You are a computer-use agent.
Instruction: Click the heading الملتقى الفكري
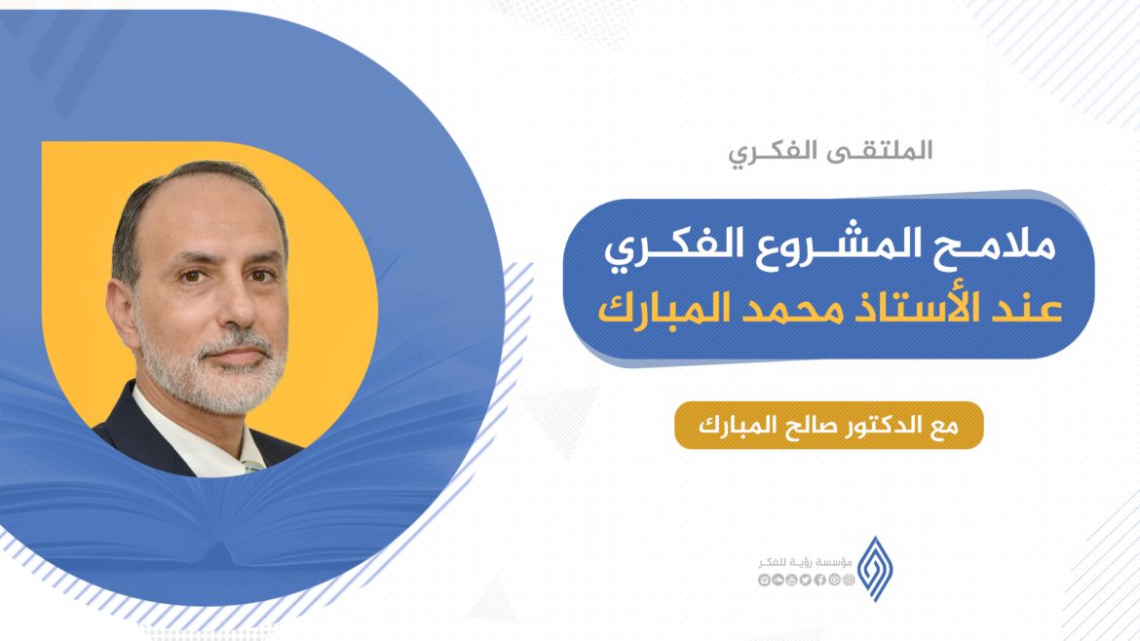[x=830, y=151]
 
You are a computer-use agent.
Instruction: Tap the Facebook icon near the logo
[x=819, y=581]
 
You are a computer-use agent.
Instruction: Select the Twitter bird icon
[x=805, y=581]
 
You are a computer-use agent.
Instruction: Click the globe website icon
[x=849, y=581]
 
